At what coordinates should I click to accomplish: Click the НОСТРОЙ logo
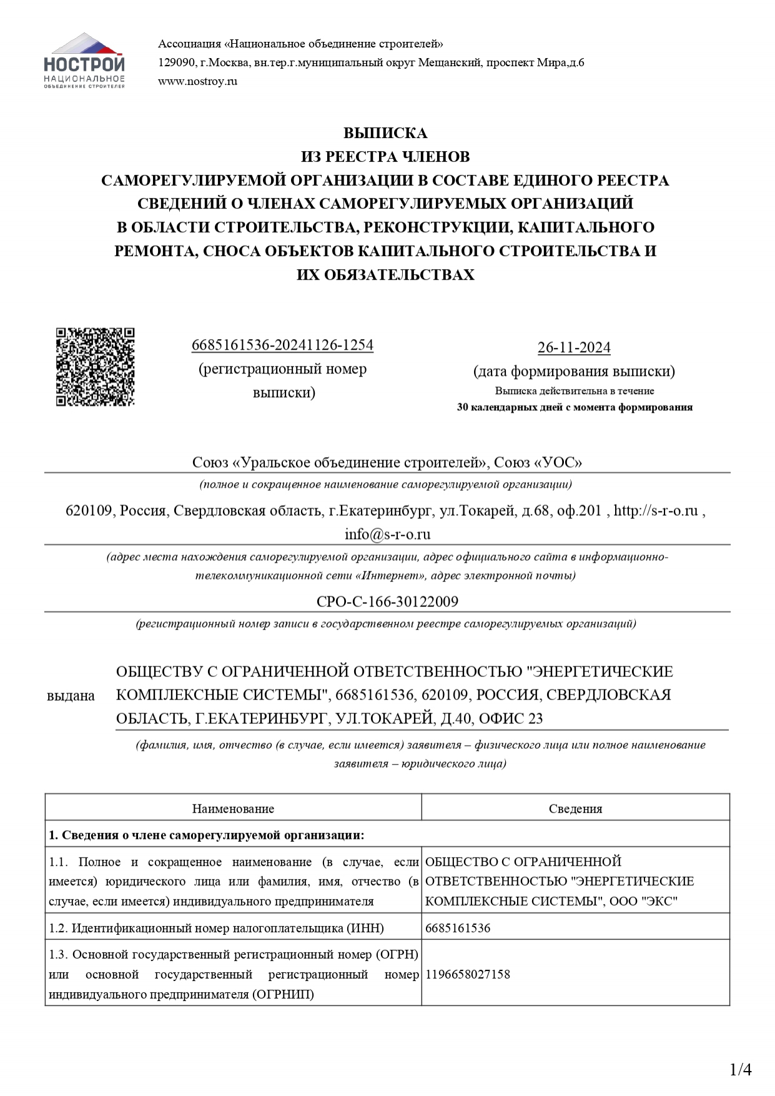[84, 61]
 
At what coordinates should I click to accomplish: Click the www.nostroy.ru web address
[197, 81]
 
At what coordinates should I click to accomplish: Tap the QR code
[95, 367]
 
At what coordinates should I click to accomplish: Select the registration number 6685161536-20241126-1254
[282, 345]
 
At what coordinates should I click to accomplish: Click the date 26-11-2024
[574, 347]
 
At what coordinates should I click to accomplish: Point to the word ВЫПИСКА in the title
[385, 133]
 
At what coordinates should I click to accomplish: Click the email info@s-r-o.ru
[387, 534]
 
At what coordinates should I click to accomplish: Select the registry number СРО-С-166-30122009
[387, 601]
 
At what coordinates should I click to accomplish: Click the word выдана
[71, 696]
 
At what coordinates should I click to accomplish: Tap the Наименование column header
[233, 809]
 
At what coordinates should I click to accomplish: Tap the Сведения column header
[575, 809]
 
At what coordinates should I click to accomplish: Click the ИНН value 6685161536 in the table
[458, 928]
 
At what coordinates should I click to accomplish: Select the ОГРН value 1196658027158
[468, 974]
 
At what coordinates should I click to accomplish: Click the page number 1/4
[741, 1069]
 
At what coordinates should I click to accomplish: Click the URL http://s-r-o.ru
[656, 510]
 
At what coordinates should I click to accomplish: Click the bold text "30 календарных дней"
[509, 407]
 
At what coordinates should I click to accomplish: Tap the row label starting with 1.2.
[216, 928]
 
